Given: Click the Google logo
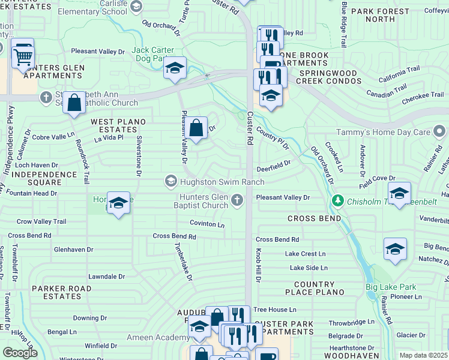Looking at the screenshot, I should (20, 353).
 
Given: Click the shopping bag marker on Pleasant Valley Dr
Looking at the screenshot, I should (196, 127).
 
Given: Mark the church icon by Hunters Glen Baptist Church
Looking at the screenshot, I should (238, 200).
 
